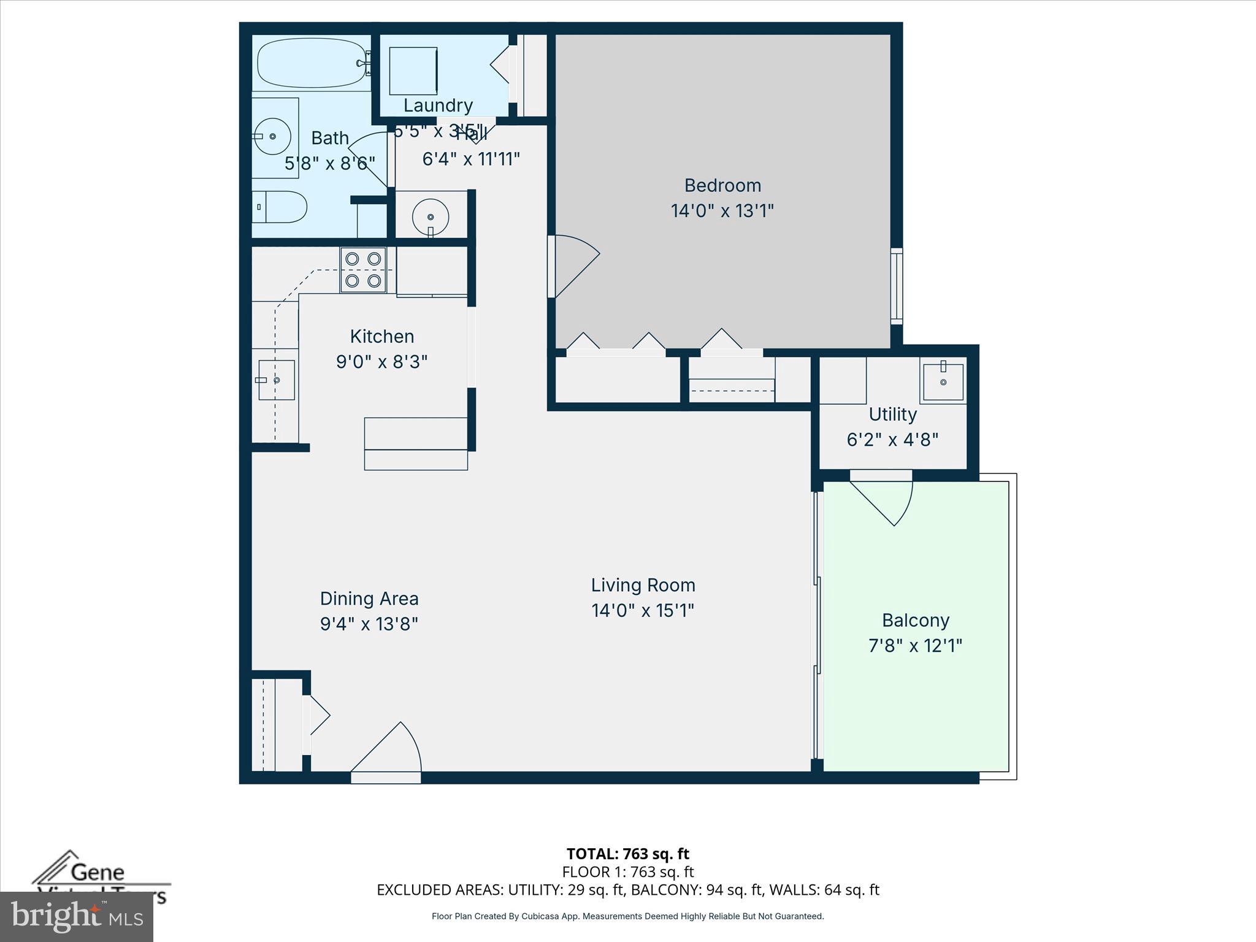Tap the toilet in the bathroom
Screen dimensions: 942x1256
(x=280, y=207)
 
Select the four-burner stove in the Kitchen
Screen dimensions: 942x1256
(x=363, y=270)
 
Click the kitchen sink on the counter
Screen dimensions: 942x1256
(x=275, y=380)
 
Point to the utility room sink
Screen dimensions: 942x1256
(x=943, y=381)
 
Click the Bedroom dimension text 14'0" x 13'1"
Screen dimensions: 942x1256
(x=722, y=211)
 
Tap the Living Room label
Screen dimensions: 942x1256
(x=643, y=585)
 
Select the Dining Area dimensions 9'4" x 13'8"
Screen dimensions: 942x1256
(x=369, y=624)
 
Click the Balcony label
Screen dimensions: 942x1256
(x=915, y=620)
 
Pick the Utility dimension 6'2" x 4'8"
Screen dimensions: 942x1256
(x=892, y=440)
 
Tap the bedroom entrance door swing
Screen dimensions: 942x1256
(x=574, y=265)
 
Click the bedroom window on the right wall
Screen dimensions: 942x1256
(x=896, y=286)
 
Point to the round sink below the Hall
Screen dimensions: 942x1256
(x=431, y=216)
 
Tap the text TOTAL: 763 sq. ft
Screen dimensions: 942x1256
(x=627, y=854)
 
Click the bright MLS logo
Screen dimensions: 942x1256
(x=76, y=916)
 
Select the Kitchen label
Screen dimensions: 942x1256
(x=381, y=336)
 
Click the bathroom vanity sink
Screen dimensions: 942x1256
(x=272, y=136)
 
